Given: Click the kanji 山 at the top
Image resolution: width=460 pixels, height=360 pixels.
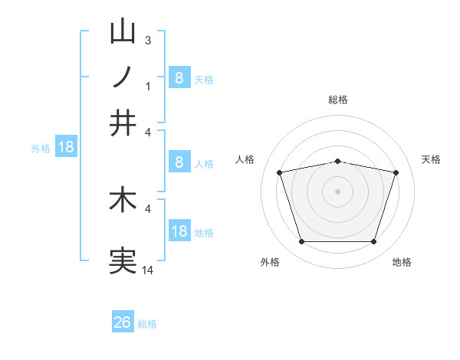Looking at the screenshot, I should point(123,31).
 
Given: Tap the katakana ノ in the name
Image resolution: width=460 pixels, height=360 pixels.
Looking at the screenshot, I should point(123,77).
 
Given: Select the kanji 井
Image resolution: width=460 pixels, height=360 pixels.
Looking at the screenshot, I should point(123,123).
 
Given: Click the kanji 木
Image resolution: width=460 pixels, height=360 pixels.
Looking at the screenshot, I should point(123,200).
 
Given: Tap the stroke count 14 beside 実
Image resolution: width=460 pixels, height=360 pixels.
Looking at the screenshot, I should point(148,270).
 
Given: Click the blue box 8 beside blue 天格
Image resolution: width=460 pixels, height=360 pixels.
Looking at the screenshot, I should point(179,77).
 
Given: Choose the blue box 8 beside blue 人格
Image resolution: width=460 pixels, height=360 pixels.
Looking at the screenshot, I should point(179,162).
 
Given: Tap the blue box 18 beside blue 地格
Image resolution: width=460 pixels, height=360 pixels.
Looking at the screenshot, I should point(179,231).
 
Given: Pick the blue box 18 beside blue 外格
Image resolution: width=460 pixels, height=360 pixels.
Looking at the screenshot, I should point(65,147).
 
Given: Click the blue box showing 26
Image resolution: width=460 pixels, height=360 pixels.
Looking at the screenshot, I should point(123,322).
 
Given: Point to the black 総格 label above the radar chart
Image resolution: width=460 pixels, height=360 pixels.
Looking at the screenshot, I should point(338,100).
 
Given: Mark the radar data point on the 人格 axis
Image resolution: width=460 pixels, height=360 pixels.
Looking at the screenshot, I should point(280,172).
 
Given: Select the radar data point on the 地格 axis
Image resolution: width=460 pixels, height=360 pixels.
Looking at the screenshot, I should point(373,242).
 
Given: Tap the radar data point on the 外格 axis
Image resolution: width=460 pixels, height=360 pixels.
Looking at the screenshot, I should point(301,242).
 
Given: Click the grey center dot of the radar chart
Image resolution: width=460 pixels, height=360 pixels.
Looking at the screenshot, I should point(337,191).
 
